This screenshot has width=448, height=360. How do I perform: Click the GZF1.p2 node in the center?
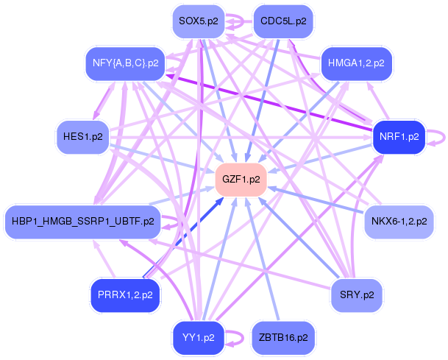coord(241,179)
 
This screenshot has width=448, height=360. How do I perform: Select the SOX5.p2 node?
coord(198,22)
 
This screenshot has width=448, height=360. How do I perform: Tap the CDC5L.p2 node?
coord(283,22)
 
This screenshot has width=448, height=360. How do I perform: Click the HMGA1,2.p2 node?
coord(357,63)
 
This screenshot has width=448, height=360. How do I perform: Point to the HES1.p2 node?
coord(82,137)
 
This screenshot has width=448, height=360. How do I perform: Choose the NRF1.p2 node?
coord(399,137)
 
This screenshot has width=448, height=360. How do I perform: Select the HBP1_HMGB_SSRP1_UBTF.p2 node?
coord(82,221)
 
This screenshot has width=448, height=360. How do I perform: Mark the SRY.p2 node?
coord(357,295)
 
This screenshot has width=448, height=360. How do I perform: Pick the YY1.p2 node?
coord(198,338)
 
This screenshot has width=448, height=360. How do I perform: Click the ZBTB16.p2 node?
coord(283,338)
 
